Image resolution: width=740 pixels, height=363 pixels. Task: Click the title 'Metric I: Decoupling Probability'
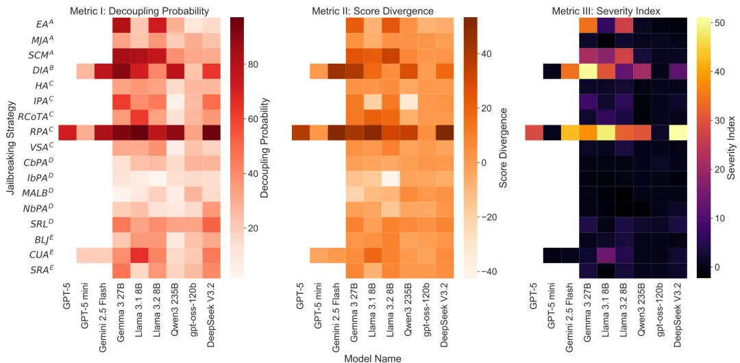[140, 11]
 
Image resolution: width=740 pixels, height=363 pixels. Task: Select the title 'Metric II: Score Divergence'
[372, 11]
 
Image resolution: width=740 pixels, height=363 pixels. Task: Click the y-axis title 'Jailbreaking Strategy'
[10, 147]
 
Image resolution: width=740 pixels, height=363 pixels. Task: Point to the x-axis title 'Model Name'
[373, 358]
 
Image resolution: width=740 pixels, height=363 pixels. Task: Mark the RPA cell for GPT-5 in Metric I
[67, 132]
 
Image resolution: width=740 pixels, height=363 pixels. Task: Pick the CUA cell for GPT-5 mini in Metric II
[319, 255]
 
